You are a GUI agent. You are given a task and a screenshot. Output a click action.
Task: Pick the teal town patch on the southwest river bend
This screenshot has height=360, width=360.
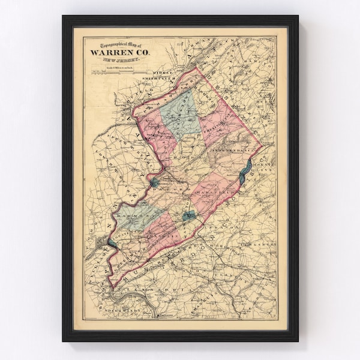click(113, 242)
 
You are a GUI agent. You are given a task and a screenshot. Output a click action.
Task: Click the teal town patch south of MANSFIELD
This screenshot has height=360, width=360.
click(188, 215)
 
